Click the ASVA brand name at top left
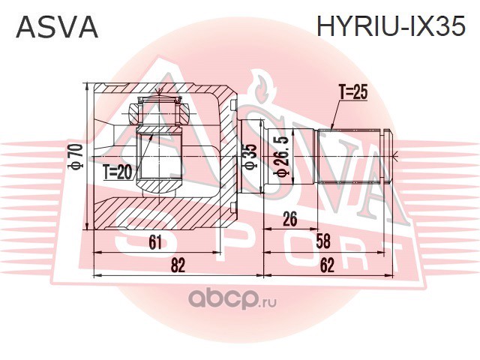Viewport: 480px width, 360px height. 57,27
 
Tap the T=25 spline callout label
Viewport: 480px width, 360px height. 353,91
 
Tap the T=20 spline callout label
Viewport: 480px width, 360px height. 117,172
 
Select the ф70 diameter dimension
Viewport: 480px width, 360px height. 76,156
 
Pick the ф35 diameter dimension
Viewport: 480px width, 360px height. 250,157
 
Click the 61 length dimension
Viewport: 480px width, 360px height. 155,243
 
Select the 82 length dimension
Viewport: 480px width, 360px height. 178,265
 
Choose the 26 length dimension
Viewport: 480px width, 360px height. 290,219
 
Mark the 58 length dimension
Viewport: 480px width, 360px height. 323,241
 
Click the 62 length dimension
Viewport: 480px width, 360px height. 327,265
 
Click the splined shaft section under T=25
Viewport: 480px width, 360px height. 349,156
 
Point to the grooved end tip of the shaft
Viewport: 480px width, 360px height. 386,156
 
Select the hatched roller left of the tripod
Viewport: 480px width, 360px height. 135,112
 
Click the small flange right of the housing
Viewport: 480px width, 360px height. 252,156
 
